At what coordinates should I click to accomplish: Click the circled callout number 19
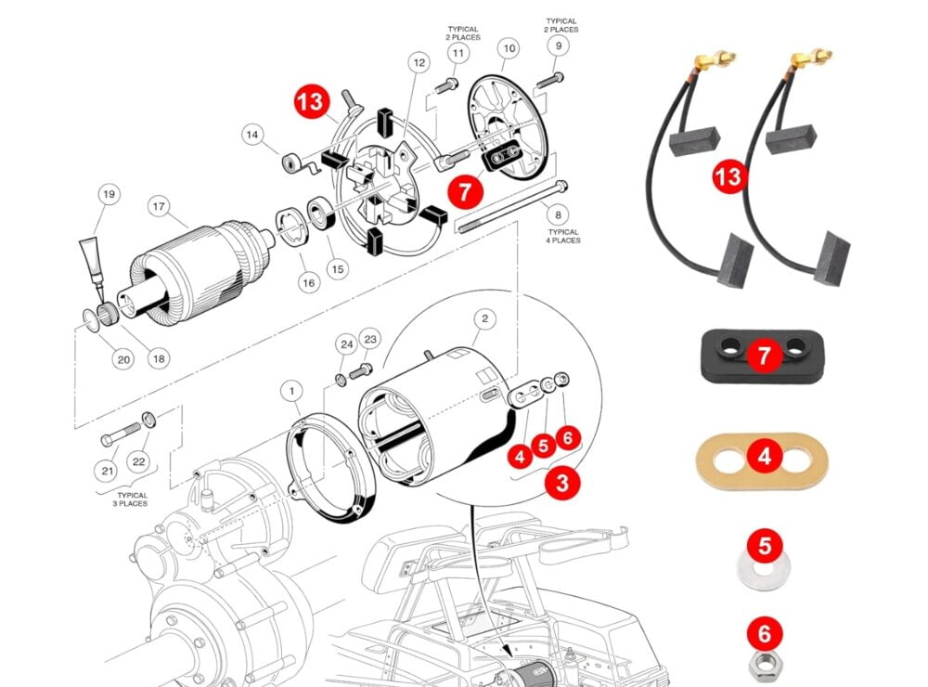coord(109,195)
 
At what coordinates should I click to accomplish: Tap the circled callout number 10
coord(508,46)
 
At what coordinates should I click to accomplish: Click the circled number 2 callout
coord(483,318)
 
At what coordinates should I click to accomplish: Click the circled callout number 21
coord(108,472)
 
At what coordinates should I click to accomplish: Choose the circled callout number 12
coord(419,63)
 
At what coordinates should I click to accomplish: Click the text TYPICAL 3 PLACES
coord(120,499)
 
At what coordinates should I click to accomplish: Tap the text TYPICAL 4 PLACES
coord(563,236)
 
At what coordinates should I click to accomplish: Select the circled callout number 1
coord(292,393)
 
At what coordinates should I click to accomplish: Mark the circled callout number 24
coord(346,344)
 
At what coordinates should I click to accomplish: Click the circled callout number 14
coord(251,135)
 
